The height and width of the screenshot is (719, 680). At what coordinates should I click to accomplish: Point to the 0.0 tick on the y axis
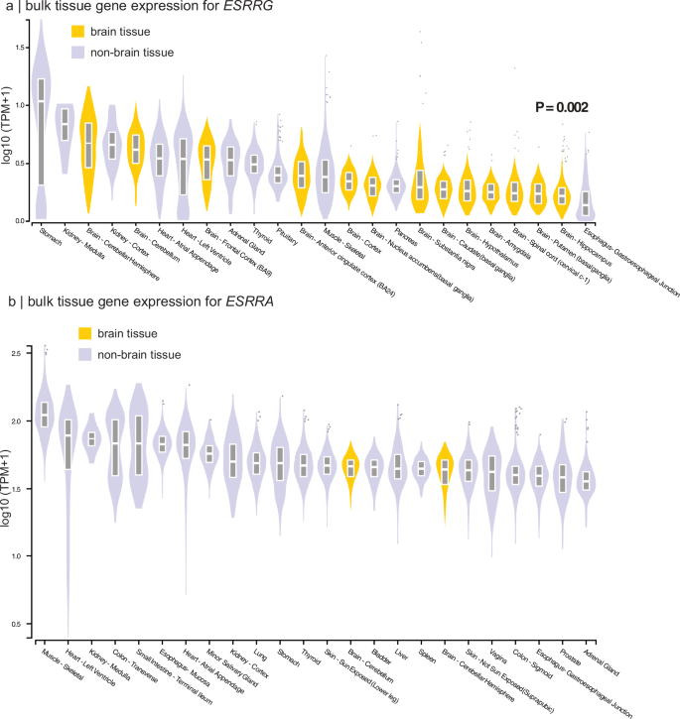tap(22, 220)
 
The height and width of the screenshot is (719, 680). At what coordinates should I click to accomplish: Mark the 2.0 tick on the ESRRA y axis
tap(22, 421)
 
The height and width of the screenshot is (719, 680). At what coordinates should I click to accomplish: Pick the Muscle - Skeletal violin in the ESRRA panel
tap(42, 415)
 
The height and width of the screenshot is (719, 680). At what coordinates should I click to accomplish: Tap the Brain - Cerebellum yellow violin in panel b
tap(350, 466)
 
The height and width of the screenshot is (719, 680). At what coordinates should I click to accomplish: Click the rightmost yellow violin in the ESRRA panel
tap(446, 470)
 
